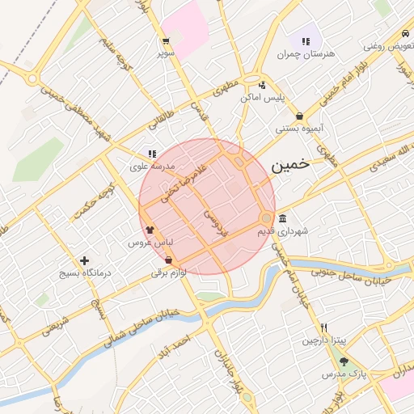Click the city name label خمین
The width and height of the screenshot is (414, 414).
290,164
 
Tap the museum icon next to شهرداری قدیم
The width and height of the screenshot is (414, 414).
282,219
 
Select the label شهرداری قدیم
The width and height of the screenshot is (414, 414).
283,231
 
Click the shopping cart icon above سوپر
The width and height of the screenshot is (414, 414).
166,41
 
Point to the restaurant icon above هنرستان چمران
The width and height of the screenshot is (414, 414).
306,41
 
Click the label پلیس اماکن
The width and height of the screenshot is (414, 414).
263,97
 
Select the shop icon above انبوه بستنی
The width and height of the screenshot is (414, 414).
300,116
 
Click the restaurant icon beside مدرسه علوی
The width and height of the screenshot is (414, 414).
151,154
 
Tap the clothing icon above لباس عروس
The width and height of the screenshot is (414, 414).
150,230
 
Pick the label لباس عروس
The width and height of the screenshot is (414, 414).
146,242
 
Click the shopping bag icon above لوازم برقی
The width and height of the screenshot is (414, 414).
168,260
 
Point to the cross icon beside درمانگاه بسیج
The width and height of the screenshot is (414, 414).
84,260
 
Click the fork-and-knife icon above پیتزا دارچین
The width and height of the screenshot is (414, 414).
323,327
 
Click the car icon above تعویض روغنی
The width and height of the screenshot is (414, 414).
404,34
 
